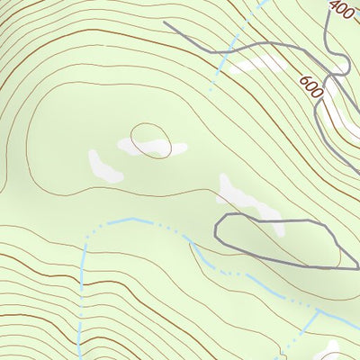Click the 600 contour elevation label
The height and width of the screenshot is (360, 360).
312,87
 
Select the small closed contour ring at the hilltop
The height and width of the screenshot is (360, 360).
150,139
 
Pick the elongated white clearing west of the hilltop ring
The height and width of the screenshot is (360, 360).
104,166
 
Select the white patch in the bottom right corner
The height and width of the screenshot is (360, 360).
329,351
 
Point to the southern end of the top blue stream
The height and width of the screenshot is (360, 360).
211,89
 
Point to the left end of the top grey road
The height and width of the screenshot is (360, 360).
165,22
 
